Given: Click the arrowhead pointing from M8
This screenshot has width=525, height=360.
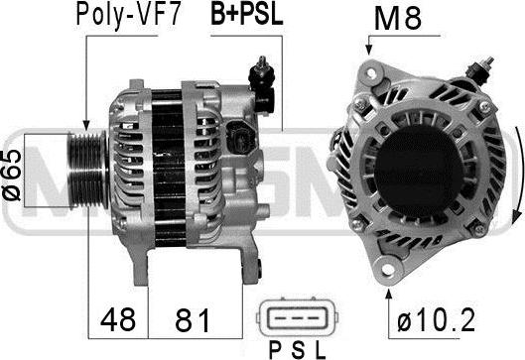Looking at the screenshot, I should pyautogui.click(x=368, y=53).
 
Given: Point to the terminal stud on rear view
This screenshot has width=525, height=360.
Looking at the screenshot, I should pyautogui.click(x=483, y=67).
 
